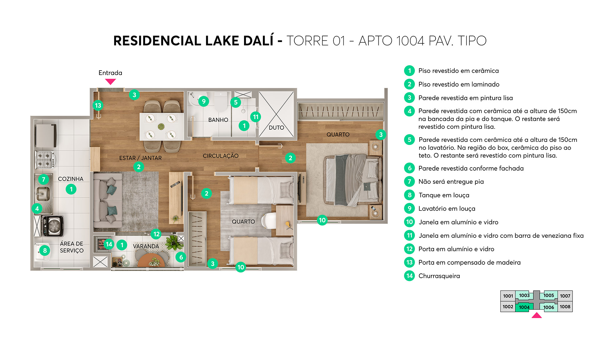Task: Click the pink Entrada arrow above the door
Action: point(110,82)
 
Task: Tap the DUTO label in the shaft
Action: point(276,127)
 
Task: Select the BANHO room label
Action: point(218,120)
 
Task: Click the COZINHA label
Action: point(71,179)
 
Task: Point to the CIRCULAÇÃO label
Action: point(221,156)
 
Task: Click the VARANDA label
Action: point(146,246)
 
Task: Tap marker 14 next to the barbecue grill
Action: point(109,244)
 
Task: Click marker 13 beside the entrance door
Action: point(98,105)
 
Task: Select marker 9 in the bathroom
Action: point(203,101)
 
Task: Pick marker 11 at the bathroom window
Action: point(256,117)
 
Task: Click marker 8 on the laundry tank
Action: point(45,250)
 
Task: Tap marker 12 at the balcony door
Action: point(156,234)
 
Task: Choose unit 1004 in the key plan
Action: point(524,307)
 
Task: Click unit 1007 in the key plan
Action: point(565,296)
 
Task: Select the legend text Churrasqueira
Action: point(439,276)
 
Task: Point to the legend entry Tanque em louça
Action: point(444,195)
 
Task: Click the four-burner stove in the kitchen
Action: point(45,159)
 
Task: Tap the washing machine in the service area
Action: point(54,226)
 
